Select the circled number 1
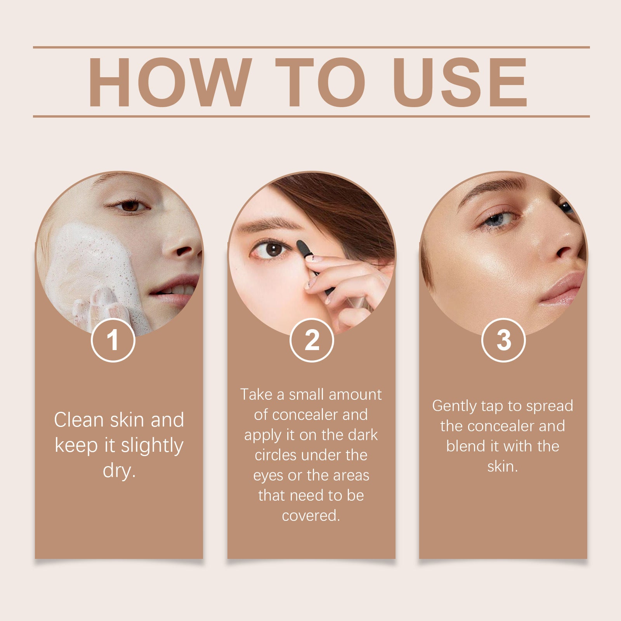point(113,340)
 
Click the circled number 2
point(312,340)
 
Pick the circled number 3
point(503,340)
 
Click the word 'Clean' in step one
point(79,420)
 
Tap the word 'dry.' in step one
point(119,470)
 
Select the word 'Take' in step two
point(256,394)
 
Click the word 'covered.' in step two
point(311,515)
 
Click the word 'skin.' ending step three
point(503,466)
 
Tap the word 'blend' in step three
point(466,446)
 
